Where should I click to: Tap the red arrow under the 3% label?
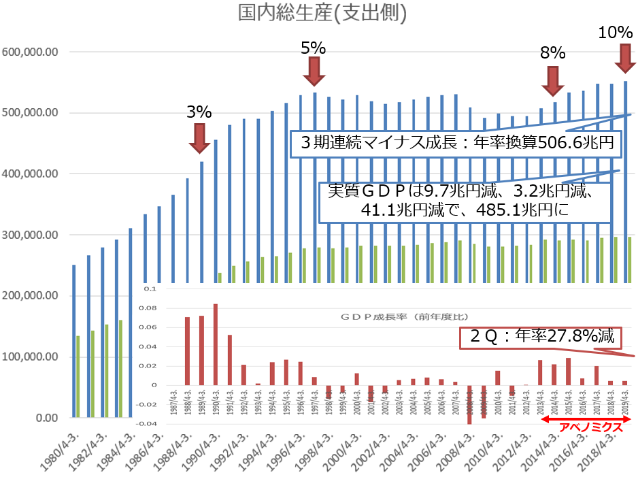pyautogui.click(x=199, y=137)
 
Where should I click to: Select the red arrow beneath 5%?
pyautogui.click(x=314, y=70)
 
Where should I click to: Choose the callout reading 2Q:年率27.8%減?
pyautogui.click(x=542, y=336)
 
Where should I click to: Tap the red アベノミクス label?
pyautogui.click(x=589, y=428)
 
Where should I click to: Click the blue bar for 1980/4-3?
pyautogui.click(x=73, y=341)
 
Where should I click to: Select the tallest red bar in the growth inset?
pyautogui.click(x=216, y=344)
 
